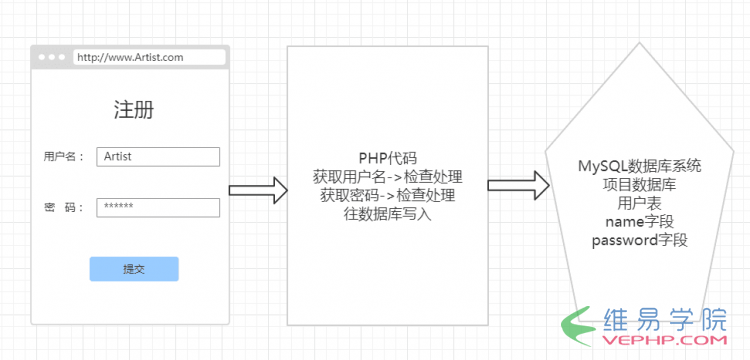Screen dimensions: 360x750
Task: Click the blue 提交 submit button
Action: pos(134,269)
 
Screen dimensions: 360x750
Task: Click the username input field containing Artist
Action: pos(158,157)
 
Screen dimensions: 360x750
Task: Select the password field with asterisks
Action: pos(158,207)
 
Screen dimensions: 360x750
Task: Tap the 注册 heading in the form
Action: pos(134,110)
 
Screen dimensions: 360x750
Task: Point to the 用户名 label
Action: pos(64,157)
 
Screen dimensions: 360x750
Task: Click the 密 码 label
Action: pos(64,207)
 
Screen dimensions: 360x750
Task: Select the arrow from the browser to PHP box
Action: pos(257,190)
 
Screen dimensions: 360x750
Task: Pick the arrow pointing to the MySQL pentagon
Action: pos(518,184)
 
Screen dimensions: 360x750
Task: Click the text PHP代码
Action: pos(387,158)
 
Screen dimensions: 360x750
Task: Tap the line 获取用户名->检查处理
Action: pos(387,177)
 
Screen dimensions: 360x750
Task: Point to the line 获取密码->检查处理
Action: pos(387,195)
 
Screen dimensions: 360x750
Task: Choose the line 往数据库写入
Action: pos(387,213)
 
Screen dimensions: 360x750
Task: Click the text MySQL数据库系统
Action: pos(639,166)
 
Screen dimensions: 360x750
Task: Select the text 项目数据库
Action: pos(639,184)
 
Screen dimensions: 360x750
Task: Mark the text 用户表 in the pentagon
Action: pos(639,202)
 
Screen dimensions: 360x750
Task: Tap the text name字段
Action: pos(639,221)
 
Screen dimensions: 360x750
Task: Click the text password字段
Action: pos(639,240)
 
